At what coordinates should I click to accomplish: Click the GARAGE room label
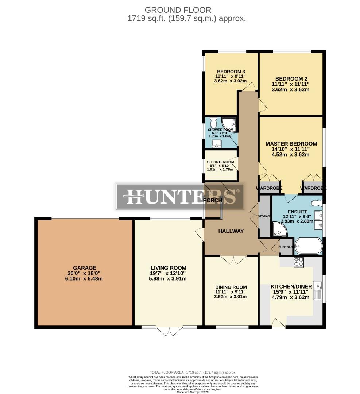click(x=84, y=267)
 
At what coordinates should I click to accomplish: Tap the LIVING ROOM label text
click(x=169, y=267)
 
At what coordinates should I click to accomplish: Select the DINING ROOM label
click(x=231, y=287)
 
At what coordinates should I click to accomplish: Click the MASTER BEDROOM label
click(x=291, y=144)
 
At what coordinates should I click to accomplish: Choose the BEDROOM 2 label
click(x=289, y=78)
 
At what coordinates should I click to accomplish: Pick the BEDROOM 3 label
click(x=231, y=72)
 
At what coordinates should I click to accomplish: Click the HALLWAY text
click(x=231, y=231)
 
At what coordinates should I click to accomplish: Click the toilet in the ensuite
click(x=315, y=203)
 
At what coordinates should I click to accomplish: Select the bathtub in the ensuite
click(x=308, y=246)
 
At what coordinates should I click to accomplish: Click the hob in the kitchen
click(x=299, y=262)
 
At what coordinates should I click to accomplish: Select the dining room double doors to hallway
click(x=231, y=260)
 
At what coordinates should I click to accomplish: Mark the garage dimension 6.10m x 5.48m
click(x=84, y=279)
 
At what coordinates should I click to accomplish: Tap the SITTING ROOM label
click(x=220, y=162)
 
